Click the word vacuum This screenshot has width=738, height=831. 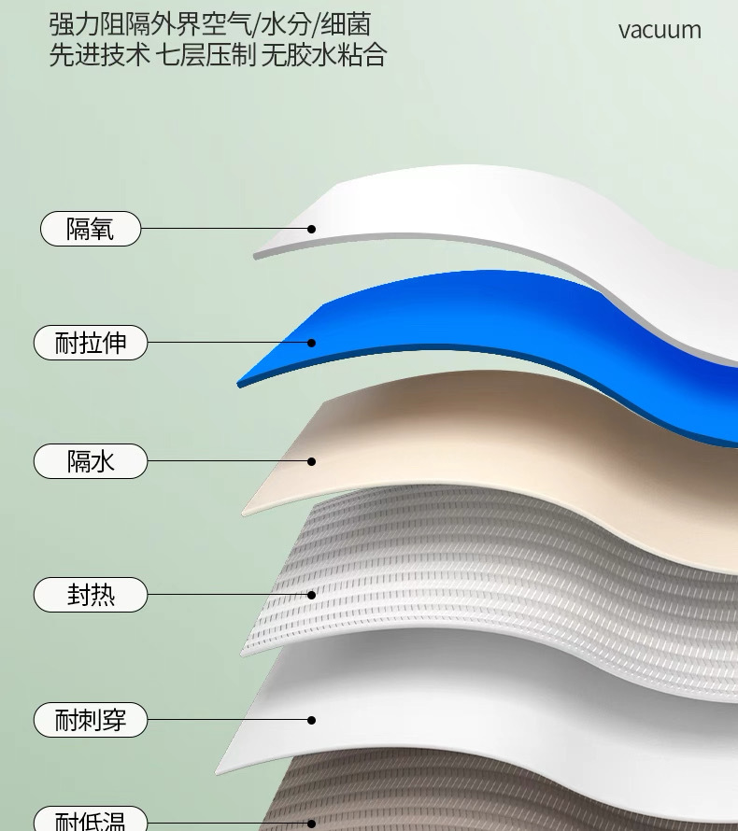click(660, 30)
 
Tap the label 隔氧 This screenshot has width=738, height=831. click(91, 229)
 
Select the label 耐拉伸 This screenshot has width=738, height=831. click(91, 344)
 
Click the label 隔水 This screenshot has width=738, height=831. click(91, 461)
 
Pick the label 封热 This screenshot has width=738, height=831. click(91, 595)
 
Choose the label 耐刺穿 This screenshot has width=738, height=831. click(91, 721)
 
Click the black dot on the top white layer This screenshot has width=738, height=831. click(312, 229)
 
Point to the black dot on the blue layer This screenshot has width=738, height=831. click(312, 343)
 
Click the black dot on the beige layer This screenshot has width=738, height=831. click(312, 461)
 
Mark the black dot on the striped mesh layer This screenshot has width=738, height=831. click(312, 595)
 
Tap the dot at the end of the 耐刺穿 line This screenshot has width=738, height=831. click(312, 720)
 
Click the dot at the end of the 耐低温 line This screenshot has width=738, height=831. click(312, 824)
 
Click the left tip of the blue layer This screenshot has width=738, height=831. click(242, 382)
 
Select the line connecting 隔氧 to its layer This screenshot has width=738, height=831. click(224, 229)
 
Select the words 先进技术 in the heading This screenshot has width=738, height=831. click(99, 55)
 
